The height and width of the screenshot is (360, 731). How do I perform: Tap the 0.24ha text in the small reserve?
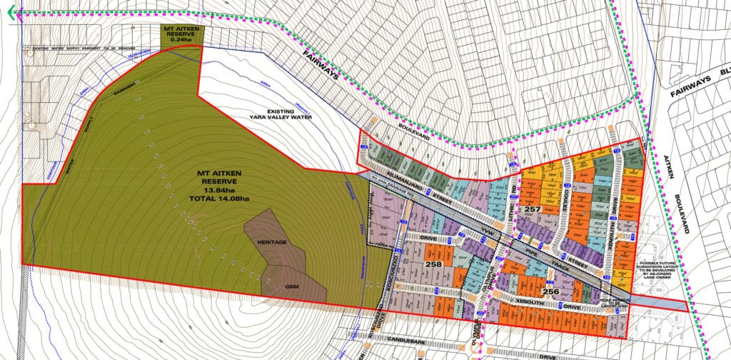[181, 40]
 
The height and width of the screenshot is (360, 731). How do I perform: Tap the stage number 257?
[531, 209]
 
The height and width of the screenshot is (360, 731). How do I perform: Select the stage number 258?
[432, 264]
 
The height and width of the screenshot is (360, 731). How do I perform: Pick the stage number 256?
[550, 291]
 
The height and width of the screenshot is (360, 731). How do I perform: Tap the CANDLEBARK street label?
[405, 344]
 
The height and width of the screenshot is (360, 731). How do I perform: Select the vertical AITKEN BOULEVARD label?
[677, 193]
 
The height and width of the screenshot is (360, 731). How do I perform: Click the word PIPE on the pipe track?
[530, 254]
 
